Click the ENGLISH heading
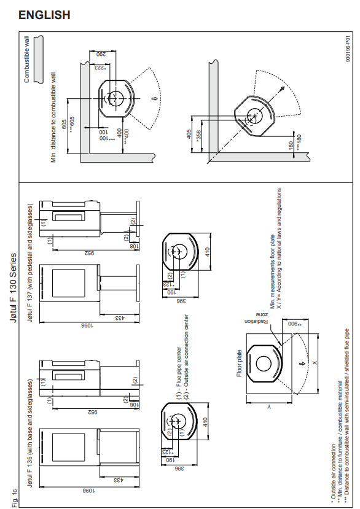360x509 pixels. [x=44, y=15]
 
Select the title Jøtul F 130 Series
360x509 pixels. [x=13, y=287]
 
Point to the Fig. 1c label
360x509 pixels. [x=14, y=498]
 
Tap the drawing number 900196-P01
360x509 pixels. [x=348, y=48]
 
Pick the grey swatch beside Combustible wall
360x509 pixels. [x=38, y=59]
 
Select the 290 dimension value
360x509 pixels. [x=102, y=54]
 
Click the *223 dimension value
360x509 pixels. [x=100, y=68]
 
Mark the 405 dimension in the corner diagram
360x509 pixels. [x=189, y=134]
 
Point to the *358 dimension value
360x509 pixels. [x=198, y=134]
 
